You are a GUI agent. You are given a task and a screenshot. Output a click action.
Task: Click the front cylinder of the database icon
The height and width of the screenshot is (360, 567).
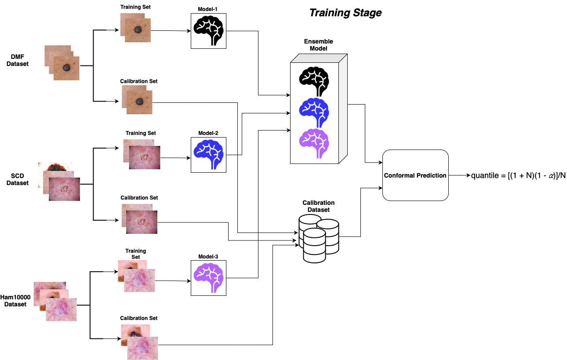click(x=314, y=246)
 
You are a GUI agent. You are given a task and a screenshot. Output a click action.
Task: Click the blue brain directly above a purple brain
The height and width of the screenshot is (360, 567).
click(x=313, y=110)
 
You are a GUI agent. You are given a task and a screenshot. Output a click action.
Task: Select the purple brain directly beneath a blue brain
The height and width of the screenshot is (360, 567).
click(x=313, y=141)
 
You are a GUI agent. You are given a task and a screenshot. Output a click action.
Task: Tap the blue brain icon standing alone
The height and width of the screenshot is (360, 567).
click(x=208, y=152)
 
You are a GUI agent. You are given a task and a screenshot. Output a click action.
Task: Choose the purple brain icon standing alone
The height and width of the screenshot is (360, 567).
click(x=208, y=275)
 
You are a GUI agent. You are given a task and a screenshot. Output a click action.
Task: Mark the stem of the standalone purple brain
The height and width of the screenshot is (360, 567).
click(x=214, y=289)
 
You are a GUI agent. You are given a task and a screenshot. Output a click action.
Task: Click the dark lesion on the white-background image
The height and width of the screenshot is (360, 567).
click(x=55, y=167)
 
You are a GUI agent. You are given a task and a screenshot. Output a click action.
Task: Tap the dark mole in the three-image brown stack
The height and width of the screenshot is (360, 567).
click(x=67, y=68)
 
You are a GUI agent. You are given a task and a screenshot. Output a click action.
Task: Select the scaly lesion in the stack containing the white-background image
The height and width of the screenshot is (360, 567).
click(x=64, y=189)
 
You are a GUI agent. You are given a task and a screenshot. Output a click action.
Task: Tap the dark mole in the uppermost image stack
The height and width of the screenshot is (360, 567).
click(x=138, y=30)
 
